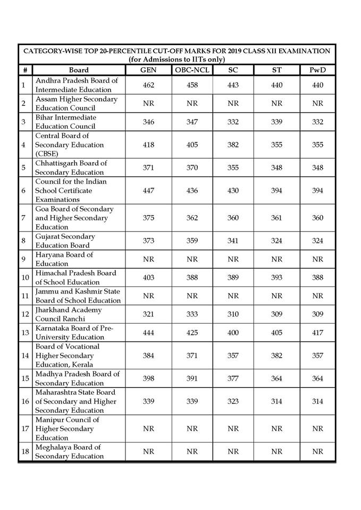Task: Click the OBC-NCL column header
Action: [192, 70]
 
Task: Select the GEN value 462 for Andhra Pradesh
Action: [148, 85]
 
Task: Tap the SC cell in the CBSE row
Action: [233, 145]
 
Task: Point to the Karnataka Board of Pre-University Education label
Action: [74, 333]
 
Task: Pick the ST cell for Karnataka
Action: [276, 333]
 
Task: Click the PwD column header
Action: [317, 70]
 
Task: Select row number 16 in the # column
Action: [25, 402]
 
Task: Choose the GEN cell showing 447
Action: [148, 191]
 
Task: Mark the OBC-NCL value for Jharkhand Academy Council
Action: [192, 314]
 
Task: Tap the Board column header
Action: [79, 70]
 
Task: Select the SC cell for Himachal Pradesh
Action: [233, 278]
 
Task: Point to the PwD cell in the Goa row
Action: [317, 218]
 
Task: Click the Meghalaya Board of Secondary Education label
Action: [70, 452]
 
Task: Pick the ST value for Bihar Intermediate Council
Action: [276, 122]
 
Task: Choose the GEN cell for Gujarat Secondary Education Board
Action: [148, 241]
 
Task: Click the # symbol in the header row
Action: [25, 70]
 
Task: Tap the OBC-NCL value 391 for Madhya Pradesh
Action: [192, 379]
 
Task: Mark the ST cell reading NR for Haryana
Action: [276, 259]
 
